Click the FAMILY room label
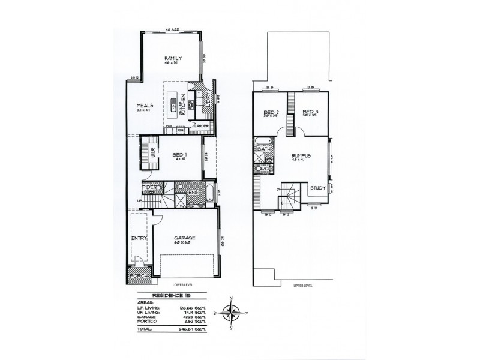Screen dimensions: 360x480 173,58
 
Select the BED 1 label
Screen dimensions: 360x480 177,153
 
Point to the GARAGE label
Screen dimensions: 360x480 184,238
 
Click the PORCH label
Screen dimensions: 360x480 138,277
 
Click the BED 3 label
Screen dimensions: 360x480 309,112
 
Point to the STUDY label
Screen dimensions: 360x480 318,188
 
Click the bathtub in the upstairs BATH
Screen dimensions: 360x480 263,142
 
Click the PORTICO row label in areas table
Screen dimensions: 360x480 148,323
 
